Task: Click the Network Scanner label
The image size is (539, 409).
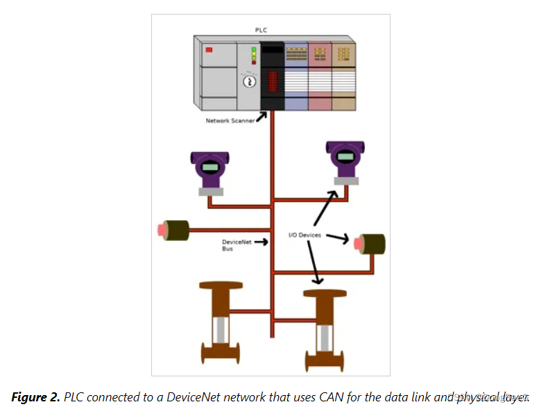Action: [229, 121]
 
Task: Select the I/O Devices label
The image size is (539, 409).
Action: [305, 235]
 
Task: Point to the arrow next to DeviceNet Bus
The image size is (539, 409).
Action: [262, 242]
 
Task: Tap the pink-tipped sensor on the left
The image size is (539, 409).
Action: [175, 229]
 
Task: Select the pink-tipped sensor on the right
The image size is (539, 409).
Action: [370, 243]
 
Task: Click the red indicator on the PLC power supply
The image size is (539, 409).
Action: [209, 50]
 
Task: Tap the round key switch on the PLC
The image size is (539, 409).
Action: [248, 82]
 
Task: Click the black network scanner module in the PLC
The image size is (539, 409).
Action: [271, 75]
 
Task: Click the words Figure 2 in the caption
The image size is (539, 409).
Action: [35, 397]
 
